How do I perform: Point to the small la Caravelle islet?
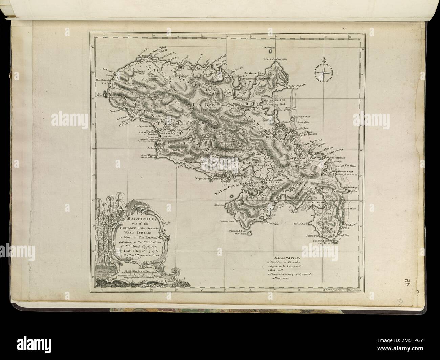270,52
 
